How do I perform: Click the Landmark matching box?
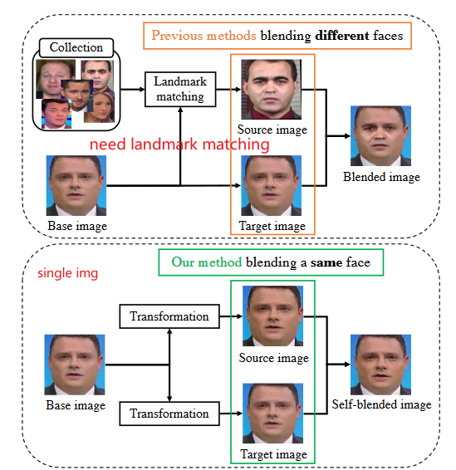[x=180, y=89]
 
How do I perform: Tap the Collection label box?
[x=76, y=47]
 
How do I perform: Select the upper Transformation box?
[x=169, y=316]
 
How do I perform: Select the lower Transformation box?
[x=169, y=414]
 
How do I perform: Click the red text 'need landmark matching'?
[x=179, y=144]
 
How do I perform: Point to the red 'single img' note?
[x=68, y=273]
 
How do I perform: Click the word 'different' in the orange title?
[x=342, y=36]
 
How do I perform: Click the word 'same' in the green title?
[x=326, y=262]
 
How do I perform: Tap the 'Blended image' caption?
[x=381, y=177]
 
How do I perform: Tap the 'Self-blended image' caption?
[x=381, y=404]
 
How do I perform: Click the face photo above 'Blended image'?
[x=380, y=136]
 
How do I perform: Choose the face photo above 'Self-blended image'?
[x=380, y=365]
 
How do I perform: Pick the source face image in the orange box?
[x=272, y=90]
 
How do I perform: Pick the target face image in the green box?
[x=272, y=413]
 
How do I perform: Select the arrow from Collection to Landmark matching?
[x=133, y=89]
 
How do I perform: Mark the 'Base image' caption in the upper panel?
[x=77, y=226]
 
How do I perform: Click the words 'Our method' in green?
[x=207, y=262]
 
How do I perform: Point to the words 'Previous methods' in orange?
[x=203, y=36]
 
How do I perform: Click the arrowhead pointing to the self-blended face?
[x=347, y=365]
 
